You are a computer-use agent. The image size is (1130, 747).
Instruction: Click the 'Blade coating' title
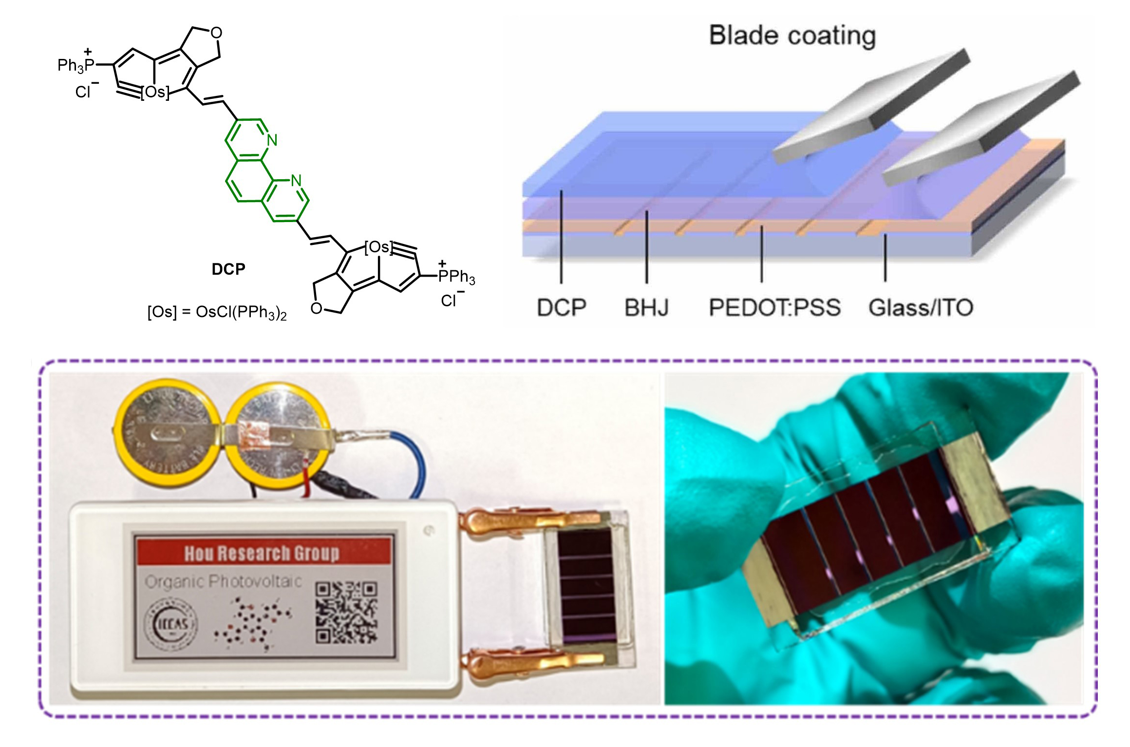click(792, 36)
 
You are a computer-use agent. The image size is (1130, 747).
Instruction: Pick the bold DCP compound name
click(228, 269)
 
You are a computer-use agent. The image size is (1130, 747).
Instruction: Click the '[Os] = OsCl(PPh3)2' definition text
click(217, 313)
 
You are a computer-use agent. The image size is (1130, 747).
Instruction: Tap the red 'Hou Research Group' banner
click(263, 553)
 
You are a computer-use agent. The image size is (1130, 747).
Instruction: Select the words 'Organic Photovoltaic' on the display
click(224, 581)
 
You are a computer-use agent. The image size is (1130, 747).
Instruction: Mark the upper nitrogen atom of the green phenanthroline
click(272, 141)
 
